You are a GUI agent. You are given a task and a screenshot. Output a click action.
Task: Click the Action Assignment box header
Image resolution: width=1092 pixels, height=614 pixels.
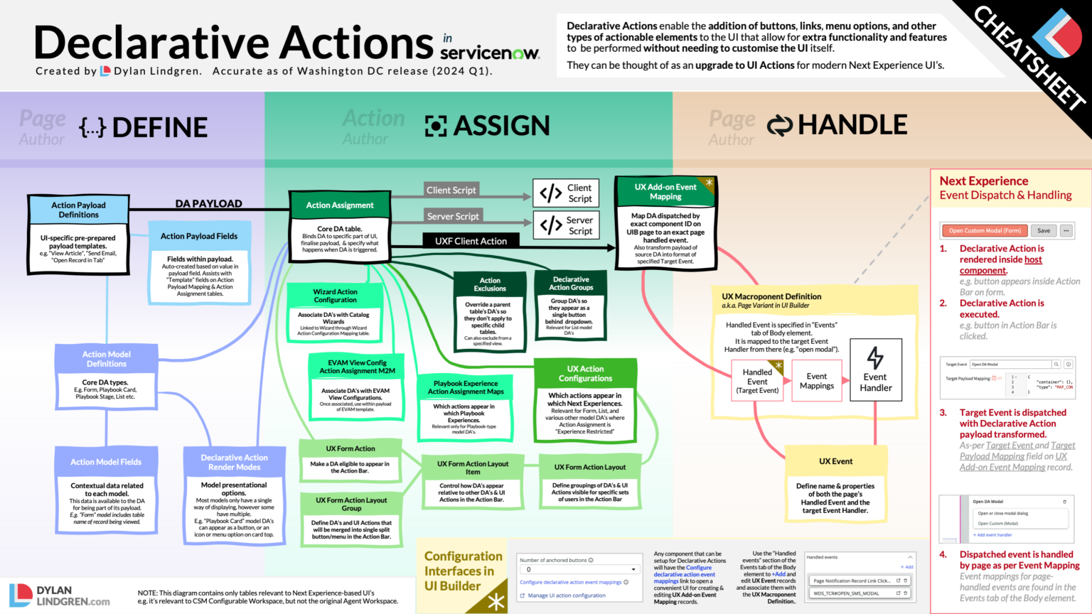(340, 205)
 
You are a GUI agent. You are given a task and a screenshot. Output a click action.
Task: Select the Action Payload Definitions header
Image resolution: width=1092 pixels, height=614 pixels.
(79, 210)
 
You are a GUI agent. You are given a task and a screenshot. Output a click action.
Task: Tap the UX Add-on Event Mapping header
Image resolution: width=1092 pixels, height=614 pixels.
(665, 192)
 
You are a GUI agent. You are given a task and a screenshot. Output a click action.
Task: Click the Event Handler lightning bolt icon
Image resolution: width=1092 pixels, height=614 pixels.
(875, 357)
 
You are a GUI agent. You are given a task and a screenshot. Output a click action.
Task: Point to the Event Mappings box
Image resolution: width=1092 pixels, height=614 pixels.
(816, 381)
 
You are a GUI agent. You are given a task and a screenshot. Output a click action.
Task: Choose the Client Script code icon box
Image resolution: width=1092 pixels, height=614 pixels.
(565, 193)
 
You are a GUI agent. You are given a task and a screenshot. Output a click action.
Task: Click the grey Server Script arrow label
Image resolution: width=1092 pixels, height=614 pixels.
(453, 216)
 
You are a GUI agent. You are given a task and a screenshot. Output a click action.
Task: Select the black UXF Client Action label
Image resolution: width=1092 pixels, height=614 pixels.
(471, 241)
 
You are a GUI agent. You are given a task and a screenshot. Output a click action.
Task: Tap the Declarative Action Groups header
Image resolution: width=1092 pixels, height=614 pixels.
(571, 284)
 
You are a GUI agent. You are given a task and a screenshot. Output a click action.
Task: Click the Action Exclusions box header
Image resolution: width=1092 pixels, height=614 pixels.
(490, 284)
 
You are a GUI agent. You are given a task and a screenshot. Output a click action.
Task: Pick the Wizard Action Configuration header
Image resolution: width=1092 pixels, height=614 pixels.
(335, 296)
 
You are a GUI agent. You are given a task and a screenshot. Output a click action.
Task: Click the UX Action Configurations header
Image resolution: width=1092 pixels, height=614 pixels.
(585, 374)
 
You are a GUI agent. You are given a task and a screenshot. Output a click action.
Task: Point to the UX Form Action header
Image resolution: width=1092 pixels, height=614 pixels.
(350, 448)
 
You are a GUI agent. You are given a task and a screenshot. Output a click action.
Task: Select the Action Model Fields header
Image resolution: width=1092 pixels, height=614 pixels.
(106, 462)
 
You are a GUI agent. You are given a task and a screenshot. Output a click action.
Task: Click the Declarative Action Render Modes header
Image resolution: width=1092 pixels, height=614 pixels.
(234, 462)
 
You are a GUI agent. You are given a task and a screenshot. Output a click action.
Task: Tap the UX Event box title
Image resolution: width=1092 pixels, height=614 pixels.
(835, 461)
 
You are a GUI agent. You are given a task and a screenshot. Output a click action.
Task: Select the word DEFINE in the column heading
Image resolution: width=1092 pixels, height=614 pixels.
(160, 128)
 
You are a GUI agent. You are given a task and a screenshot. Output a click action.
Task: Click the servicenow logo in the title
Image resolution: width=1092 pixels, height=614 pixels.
(490, 53)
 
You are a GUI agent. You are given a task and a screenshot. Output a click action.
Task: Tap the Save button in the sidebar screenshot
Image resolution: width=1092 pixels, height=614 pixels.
(1043, 230)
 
